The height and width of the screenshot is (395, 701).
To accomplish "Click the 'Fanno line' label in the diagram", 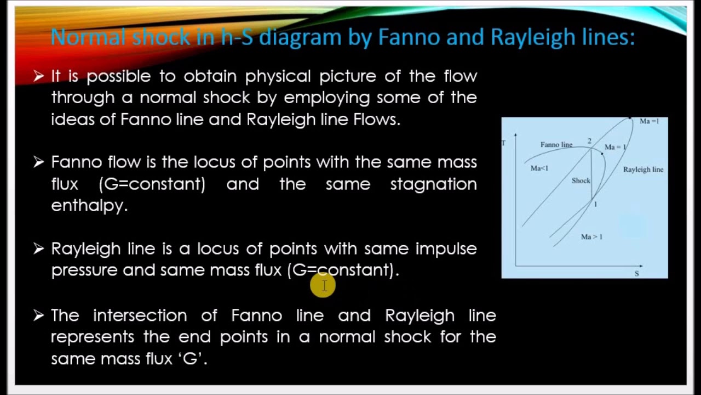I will click(556, 145).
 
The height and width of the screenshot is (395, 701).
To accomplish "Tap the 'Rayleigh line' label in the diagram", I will click(643, 170).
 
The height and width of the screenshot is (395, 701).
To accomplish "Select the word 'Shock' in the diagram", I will click(581, 180).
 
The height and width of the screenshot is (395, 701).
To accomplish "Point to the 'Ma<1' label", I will click(539, 168).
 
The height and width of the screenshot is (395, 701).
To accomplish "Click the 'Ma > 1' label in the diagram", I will click(591, 237).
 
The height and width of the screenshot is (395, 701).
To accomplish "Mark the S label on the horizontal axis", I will click(636, 273).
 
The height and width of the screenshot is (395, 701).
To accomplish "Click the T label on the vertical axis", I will click(504, 143).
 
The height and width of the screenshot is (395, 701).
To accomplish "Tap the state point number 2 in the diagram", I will click(589, 142).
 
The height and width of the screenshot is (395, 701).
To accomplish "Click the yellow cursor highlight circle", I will click(323, 285).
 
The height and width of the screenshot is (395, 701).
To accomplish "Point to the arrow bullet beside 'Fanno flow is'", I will click(38, 162).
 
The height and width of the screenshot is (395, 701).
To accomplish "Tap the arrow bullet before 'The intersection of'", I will click(38, 315).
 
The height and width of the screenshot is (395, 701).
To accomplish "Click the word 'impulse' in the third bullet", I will click(446, 249).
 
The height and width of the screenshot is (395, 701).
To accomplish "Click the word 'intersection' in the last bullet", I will click(140, 315).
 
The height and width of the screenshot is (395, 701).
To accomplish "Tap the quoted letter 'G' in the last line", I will click(189, 359).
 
